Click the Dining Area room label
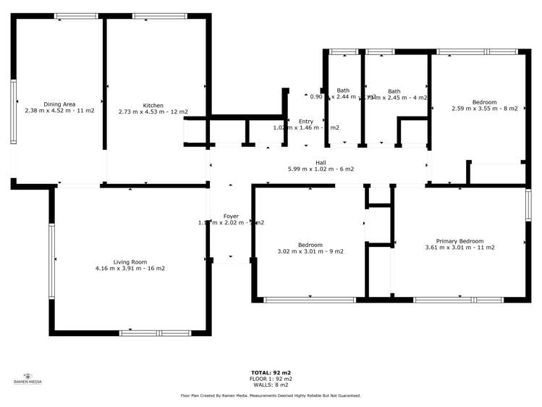pos(59,104)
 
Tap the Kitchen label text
pos(153,105)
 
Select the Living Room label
pos(130,261)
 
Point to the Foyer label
pos(231,217)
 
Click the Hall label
pos(320,162)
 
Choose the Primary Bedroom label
pos(460,240)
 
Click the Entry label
pos(306,121)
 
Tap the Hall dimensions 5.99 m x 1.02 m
pos(320,169)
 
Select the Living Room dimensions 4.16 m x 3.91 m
pos(130,269)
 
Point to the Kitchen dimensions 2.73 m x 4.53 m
pos(153,112)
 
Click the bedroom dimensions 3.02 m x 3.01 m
pos(310,251)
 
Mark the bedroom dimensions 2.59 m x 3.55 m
pos(484,109)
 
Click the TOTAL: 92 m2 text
pos(271,372)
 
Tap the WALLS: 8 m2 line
pos(271,385)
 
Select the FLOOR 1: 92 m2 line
pos(271,379)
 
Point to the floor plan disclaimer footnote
pos(271,395)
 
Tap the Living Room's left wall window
pos(51,261)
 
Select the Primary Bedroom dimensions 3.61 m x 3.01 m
pos(460,248)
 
